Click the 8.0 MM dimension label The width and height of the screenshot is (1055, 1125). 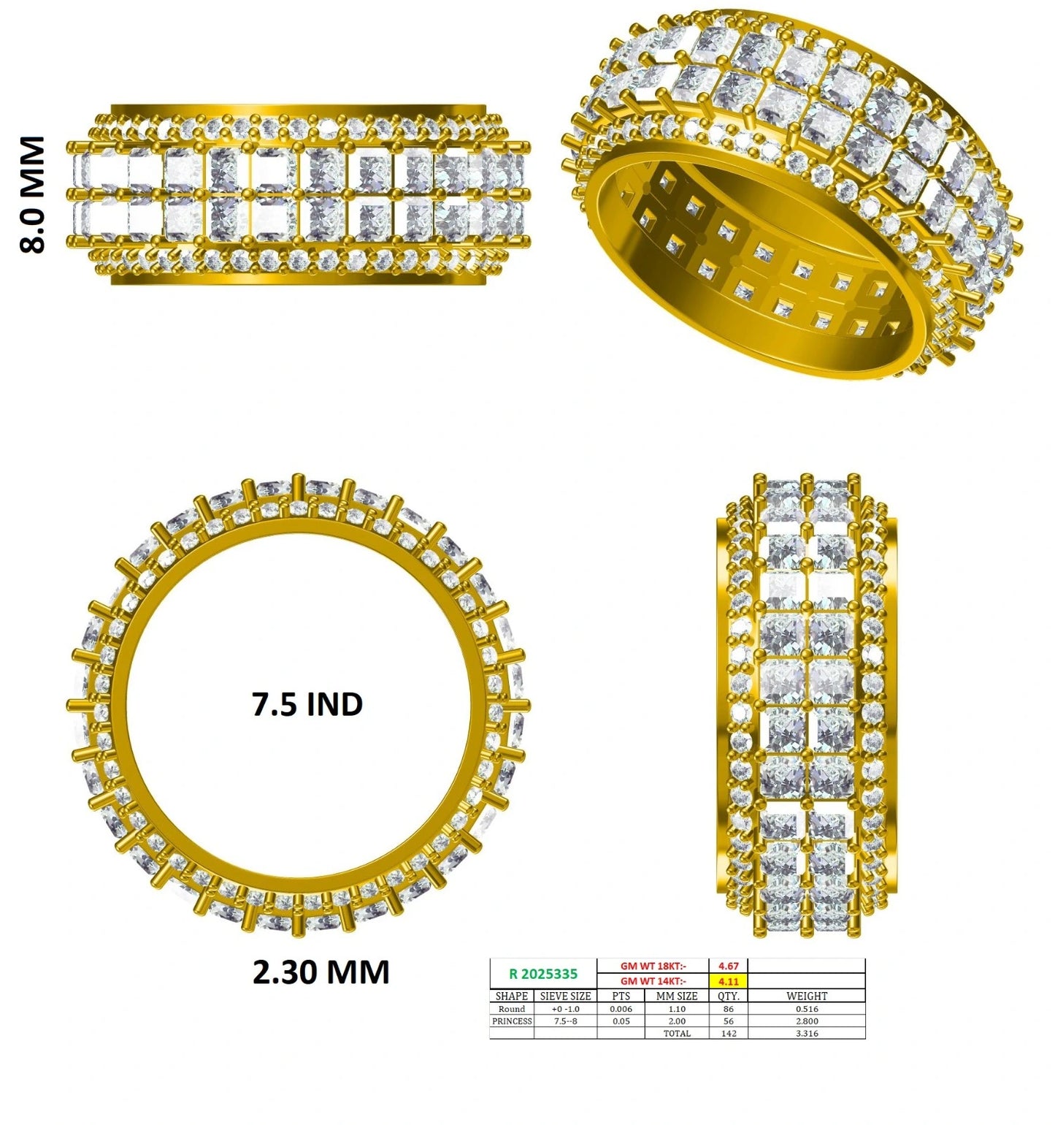pyautogui.click(x=33, y=195)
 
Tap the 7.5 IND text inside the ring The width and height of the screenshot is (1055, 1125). pyautogui.click(x=307, y=705)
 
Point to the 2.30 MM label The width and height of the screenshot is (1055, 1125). pyautogui.click(x=321, y=972)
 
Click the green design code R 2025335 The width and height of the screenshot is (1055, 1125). pyautogui.click(x=543, y=974)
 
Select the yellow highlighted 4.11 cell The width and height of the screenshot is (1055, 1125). pyautogui.click(x=729, y=982)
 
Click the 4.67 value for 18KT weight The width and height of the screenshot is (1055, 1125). pyautogui.click(x=729, y=966)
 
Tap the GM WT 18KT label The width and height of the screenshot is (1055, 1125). pyautogui.click(x=653, y=966)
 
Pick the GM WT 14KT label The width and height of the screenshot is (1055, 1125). pyautogui.click(x=653, y=982)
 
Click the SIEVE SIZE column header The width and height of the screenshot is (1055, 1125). pyautogui.click(x=565, y=996)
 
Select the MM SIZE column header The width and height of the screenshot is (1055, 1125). pyautogui.click(x=677, y=996)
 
